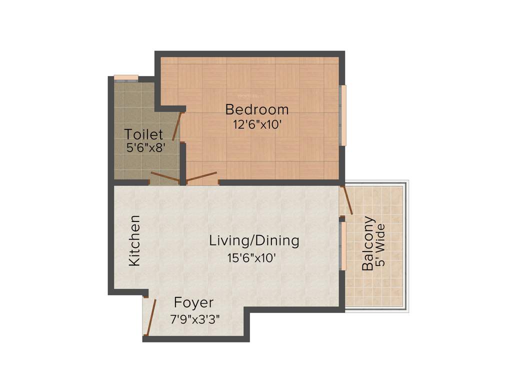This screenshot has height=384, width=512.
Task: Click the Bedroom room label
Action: pos(256,109)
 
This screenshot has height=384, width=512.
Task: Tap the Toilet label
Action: pos(143,134)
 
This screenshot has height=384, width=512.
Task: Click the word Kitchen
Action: pos(134,241)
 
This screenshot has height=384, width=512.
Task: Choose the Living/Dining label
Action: pos(254,240)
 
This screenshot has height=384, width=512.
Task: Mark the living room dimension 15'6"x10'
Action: pos(251,258)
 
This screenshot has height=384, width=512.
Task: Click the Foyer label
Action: pos(193,302)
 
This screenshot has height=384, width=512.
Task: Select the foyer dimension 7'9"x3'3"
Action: pos(195,318)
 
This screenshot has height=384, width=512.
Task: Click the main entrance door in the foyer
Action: pos(151,317)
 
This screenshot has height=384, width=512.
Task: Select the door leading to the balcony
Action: pos(347,200)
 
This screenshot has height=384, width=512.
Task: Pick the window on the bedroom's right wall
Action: pos(343,115)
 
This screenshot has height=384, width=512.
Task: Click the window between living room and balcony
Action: pos(343,245)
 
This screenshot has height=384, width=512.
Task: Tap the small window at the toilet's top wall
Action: pos(125,77)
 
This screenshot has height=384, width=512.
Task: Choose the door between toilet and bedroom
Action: pos(177,126)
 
